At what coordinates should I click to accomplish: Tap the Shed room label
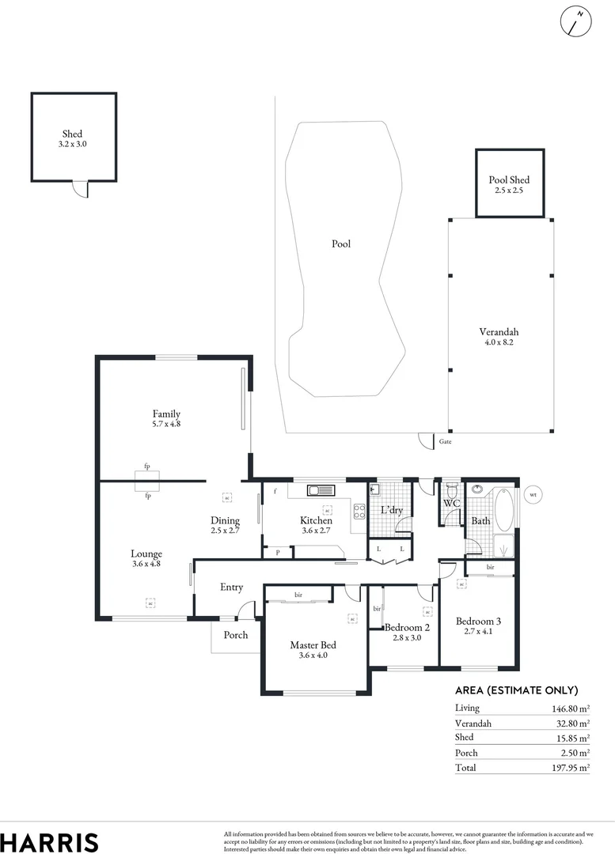[x=72, y=134]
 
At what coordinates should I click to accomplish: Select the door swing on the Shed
[x=81, y=190]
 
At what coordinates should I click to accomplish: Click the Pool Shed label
[x=509, y=180]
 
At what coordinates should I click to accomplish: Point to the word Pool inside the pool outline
[x=340, y=244]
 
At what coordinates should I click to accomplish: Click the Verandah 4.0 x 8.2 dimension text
[x=499, y=343]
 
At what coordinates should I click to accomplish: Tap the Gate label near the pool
[x=445, y=442]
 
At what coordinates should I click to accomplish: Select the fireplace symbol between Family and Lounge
[x=148, y=481]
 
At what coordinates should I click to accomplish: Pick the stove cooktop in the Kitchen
[x=359, y=511]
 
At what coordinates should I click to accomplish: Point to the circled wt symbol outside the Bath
[x=533, y=496]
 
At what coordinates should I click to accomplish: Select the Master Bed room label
[x=313, y=645]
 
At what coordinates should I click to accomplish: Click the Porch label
[x=236, y=635]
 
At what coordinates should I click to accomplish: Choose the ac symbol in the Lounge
[x=150, y=603]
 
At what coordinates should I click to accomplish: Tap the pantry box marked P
[x=277, y=552]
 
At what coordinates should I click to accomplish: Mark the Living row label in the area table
[x=467, y=709]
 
